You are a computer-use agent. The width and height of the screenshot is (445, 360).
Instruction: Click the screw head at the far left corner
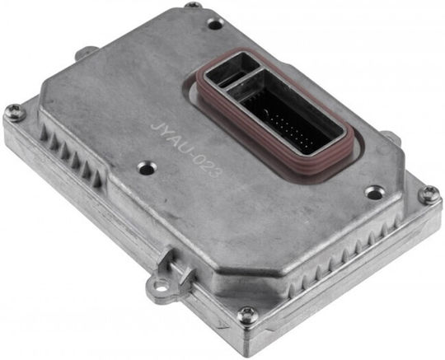[x=15, y=112]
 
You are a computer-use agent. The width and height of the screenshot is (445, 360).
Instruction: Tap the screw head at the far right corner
[x=429, y=194]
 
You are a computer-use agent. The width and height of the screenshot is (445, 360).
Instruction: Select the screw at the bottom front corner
[x=247, y=316]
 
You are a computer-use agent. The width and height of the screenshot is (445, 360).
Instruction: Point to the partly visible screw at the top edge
[x=193, y=5]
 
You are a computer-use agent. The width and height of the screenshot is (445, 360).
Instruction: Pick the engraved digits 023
[x=208, y=168]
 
